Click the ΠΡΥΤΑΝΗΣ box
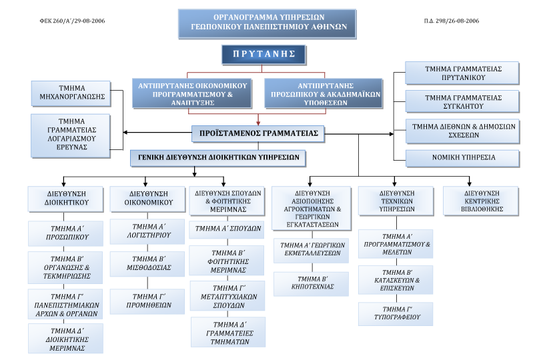pyautogui.click(x=263, y=55)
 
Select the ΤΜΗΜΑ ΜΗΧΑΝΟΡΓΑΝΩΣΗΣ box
pyautogui.click(x=72, y=94)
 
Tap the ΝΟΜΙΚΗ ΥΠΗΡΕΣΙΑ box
pyautogui.click(x=462, y=158)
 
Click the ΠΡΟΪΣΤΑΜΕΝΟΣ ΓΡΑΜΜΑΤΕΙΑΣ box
pyautogui.click(x=259, y=133)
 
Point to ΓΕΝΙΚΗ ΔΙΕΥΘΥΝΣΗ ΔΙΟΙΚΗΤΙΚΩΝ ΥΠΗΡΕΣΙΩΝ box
pyautogui.click(x=218, y=158)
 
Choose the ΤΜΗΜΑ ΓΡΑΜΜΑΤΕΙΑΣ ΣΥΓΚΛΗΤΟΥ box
pyautogui.click(x=462, y=101)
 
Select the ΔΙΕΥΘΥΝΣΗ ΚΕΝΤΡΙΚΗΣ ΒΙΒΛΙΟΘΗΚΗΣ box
pyautogui.click(x=481, y=201)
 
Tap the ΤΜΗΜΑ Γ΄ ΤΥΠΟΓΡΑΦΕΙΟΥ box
pyautogui.click(x=396, y=313)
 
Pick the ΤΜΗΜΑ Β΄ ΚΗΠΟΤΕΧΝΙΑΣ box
pyautogui.click(x=312, y=283)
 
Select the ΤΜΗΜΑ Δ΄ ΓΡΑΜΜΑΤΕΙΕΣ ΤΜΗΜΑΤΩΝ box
pyautogui.click(x=228, y=331)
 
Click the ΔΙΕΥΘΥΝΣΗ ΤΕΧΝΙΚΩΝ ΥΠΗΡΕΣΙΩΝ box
pyautogui.click(x=396, y=201)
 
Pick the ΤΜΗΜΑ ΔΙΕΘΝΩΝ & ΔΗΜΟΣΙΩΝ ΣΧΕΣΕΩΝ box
pyautogui.click(x=462, y=130)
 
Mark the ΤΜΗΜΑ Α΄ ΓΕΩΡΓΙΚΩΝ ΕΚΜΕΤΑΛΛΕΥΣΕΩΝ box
pyautogui.click(x=312, y=249)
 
